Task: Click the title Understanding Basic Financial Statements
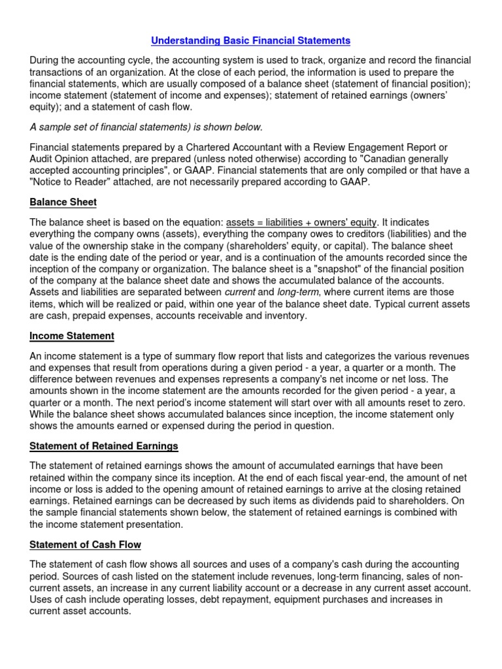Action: (x=251, y=41)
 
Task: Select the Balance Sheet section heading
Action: (x=63, y=203)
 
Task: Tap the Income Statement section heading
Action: (x=72, y=336)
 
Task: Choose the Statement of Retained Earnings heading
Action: (x=104, y=446)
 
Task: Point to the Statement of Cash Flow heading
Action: (x=85, y=544)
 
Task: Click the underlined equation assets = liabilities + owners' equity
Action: (x=302, y=223)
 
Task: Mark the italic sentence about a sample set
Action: (x=146, y=127)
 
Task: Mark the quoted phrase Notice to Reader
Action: (x=67, y=182)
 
